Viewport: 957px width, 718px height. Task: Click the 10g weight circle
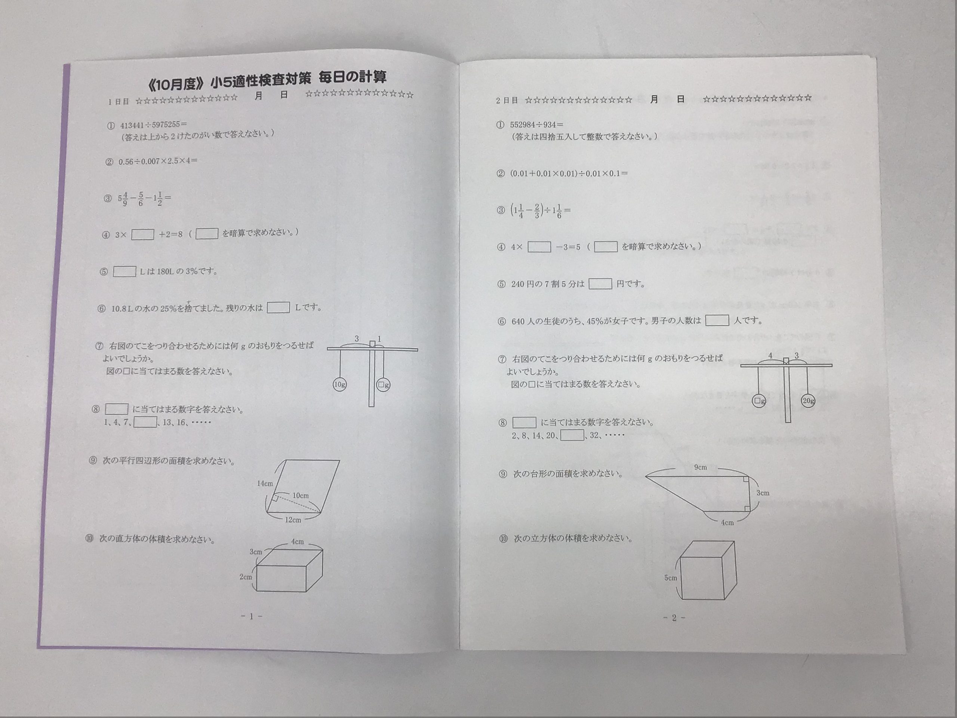(339, 384)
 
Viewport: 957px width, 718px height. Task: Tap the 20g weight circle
(808, 401)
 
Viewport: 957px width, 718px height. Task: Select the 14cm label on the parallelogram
(265, 484)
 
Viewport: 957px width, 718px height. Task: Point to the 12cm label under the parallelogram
(293, 520)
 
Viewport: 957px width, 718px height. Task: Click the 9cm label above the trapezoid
(701, 467)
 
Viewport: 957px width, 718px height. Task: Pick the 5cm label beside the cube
(671, 578)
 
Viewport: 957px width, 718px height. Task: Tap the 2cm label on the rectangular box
(246, 577)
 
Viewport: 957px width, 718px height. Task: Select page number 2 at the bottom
(674, 618)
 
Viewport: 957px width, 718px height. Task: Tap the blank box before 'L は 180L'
(124, 272)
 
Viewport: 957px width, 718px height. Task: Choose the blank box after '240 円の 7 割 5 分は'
(600, 283)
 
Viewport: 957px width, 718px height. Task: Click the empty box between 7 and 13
(145, 422)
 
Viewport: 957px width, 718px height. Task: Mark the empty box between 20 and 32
(572, 435)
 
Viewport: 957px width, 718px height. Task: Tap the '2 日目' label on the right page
(507, 100)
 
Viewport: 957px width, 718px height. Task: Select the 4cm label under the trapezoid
(727, 523)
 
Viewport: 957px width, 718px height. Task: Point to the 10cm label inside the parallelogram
(300, 495)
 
